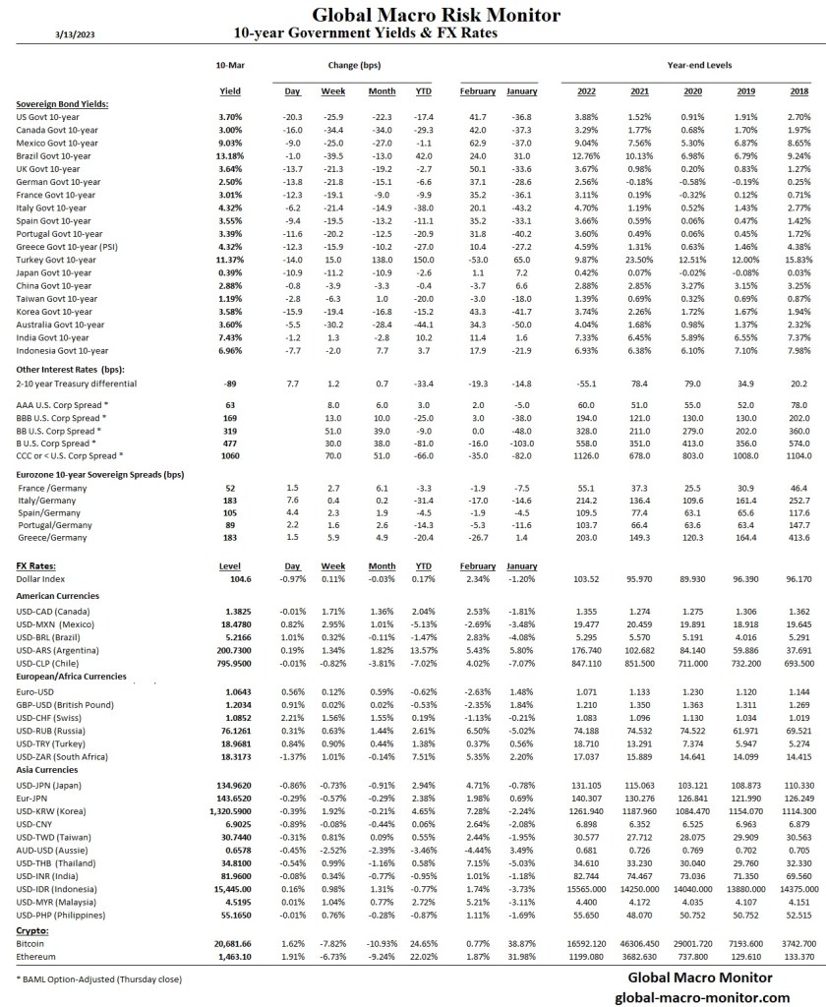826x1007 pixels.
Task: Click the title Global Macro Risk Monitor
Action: [436, 15]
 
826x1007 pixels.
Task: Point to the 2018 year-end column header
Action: [799, 91]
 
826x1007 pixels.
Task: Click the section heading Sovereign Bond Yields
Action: [62, 103]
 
